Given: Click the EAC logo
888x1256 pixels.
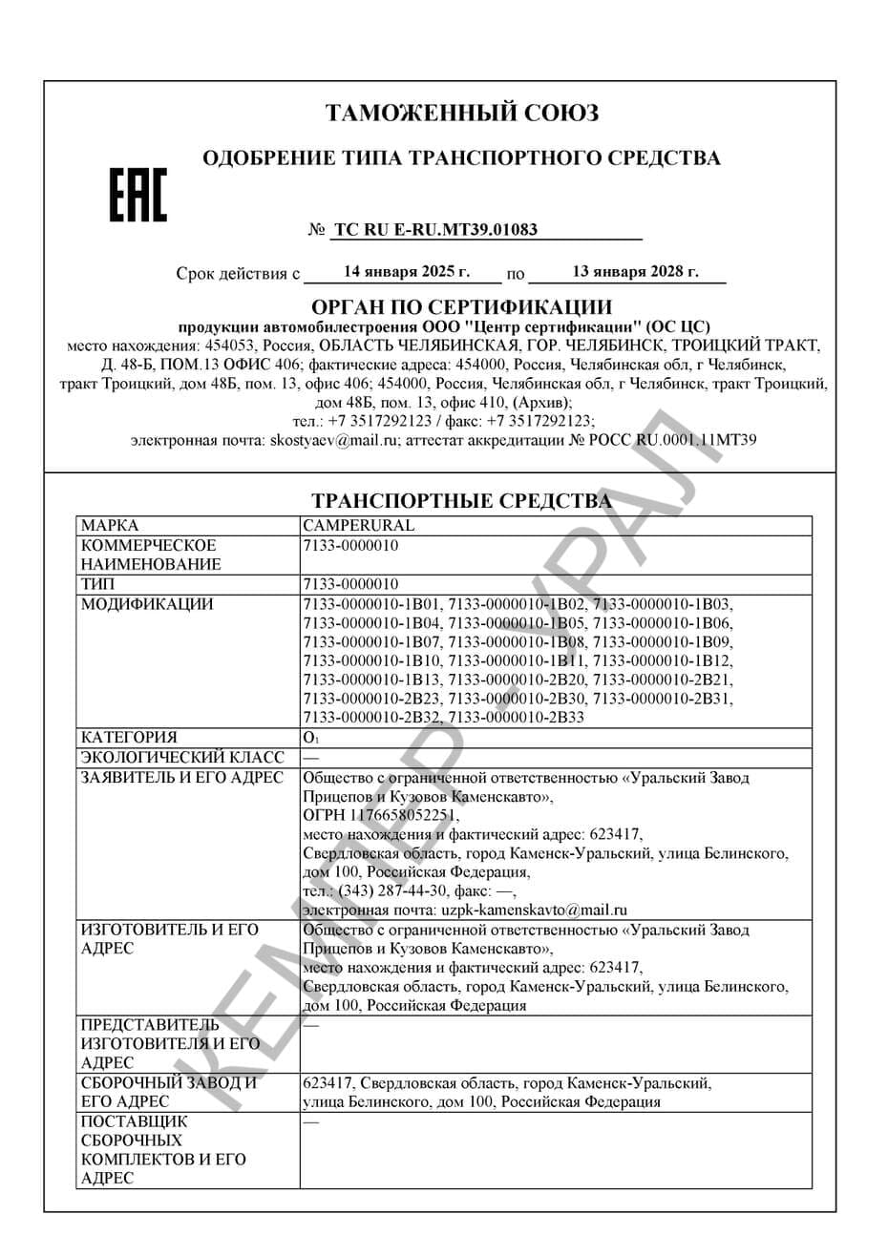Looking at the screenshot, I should click(137, 196).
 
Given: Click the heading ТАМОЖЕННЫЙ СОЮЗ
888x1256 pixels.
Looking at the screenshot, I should click(462, 114).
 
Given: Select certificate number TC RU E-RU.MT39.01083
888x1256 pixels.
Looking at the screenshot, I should click(435, 230).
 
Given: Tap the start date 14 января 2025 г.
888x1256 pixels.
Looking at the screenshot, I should click(407, 272).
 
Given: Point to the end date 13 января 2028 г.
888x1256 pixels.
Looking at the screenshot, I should click(635, 272).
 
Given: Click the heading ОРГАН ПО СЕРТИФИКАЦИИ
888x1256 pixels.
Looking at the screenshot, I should click(462, 307).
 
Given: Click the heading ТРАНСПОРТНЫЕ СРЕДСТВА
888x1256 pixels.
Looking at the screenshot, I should click(462, 501).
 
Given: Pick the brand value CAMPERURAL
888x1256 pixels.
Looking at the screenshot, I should click(358, 526).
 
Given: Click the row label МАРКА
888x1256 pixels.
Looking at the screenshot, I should click(110, 526).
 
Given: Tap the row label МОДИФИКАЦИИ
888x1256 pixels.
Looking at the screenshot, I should click(147, 603).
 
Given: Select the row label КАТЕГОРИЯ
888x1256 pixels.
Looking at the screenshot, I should click(129, 738).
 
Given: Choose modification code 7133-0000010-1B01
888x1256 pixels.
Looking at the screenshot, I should click(371, 603).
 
